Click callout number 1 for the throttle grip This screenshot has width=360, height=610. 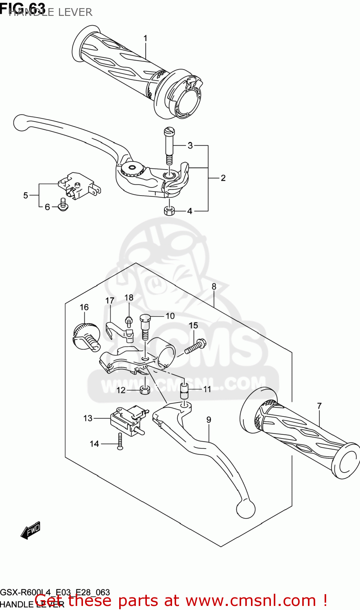pos(145,38)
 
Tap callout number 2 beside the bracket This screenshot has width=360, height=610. pos(223,178)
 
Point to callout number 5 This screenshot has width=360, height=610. pos(26,196)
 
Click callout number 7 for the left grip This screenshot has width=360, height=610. pos(319,405)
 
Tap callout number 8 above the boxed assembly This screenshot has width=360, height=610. pos(214,287)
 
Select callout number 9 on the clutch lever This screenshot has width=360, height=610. pos(209,420)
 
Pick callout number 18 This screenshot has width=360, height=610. pos(129,298)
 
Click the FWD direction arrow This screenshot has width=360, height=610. pos(31,530)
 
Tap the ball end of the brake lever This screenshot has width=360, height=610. pos(20,122)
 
